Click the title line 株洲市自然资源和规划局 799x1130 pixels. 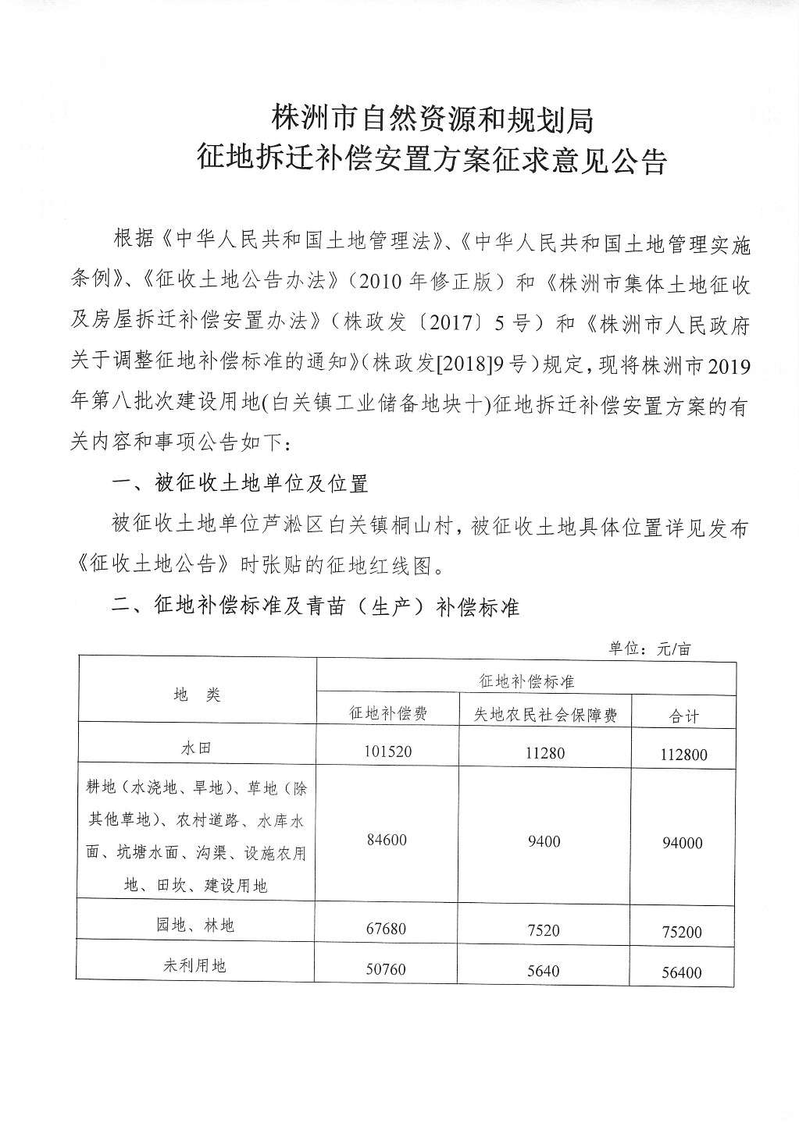(432, 119)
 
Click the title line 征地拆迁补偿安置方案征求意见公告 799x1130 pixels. (432, 162)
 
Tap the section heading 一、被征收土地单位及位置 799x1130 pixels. (240, 484)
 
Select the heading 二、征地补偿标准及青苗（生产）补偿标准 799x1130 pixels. (316, 606)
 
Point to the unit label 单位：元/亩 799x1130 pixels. (650, 649)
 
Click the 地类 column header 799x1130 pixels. (197, 694)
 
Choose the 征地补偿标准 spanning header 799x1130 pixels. (526, 680)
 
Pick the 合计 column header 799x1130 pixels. (683, 716)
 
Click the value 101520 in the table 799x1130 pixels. (387, 752)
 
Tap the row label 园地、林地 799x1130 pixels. (195, 926)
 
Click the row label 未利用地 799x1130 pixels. (195, 965)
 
